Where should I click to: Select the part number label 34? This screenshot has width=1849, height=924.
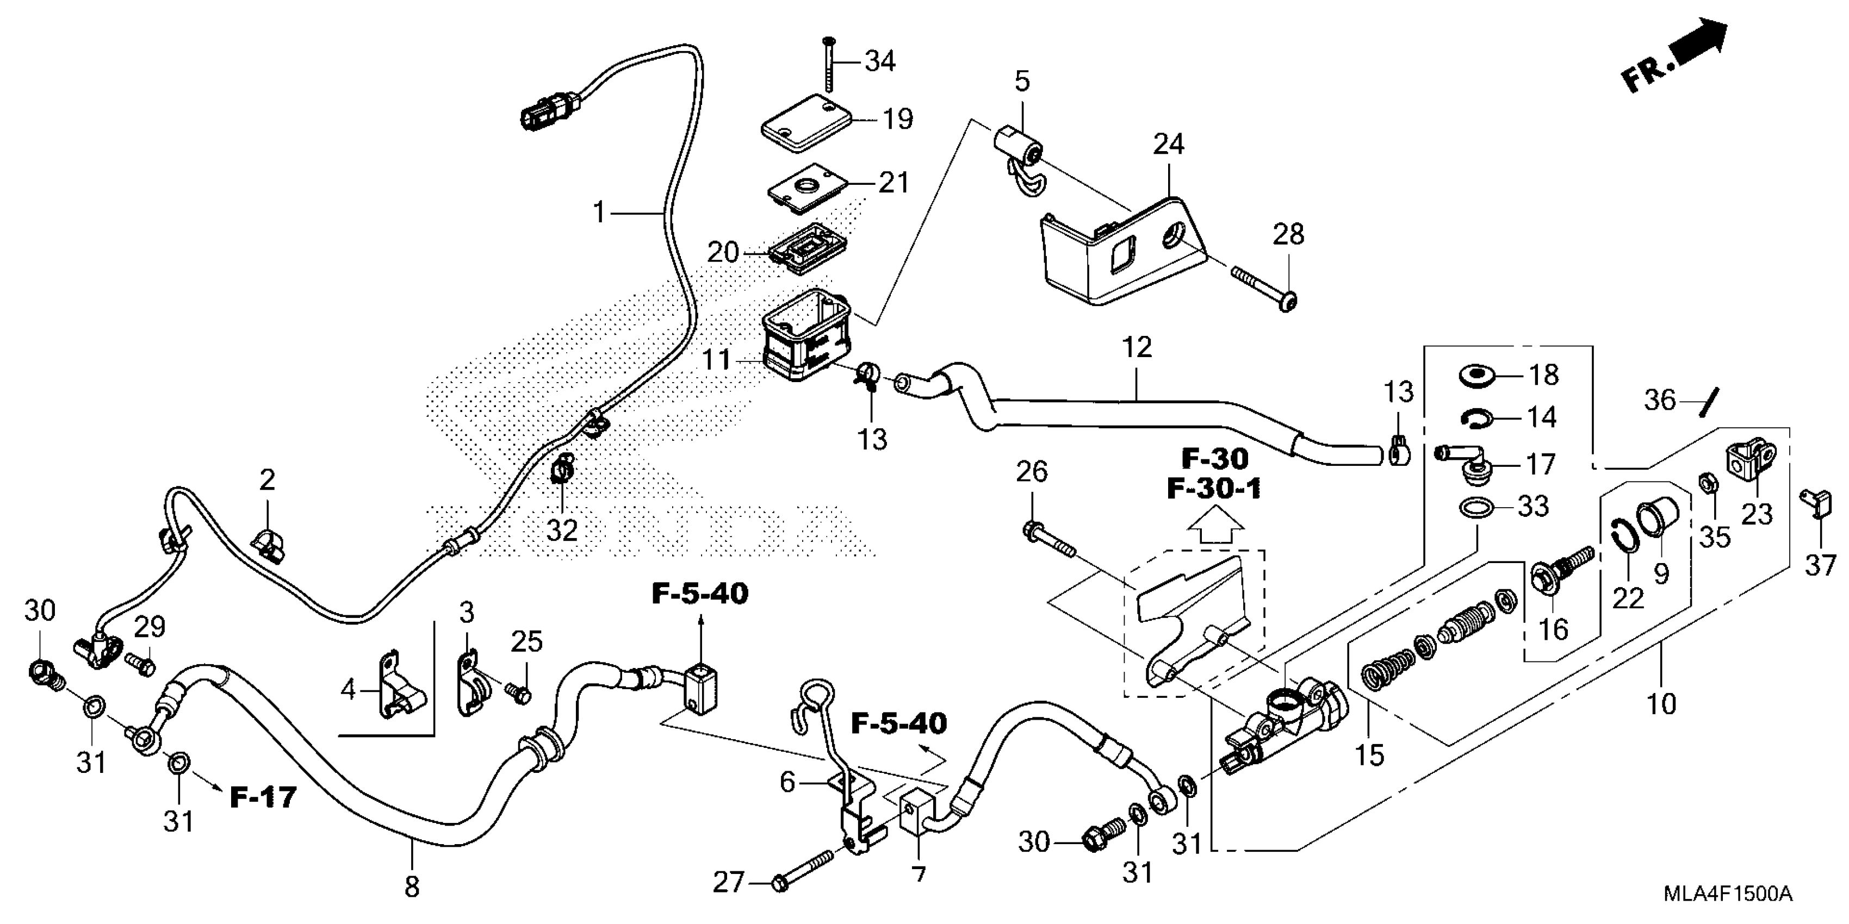click(x=880, y=62)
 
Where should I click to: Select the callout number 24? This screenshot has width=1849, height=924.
click(x=1168, y=144)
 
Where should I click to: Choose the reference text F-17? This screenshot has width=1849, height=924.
click(x=263, y=797)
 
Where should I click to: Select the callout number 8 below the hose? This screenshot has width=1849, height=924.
click(x=411, y=888)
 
